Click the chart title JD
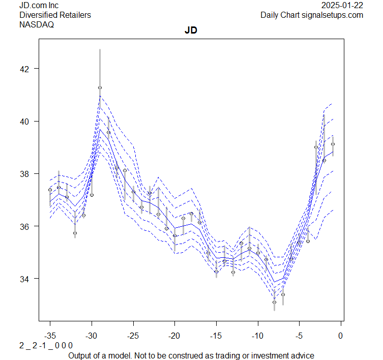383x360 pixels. pyautogui.click(x=191, y=31)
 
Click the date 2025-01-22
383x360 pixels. pyautogui.click(x=343, y=6)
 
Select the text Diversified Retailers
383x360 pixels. pyautogui.click(x=55, y=15)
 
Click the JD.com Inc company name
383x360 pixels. pyautogui.click(x=39, y=6)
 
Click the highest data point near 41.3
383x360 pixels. pyautogui.click(x=100, y=87)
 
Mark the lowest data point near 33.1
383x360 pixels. pyautogui.click(x=274, y=302)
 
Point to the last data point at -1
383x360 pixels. pyautogui.click(x=333, y=144)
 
